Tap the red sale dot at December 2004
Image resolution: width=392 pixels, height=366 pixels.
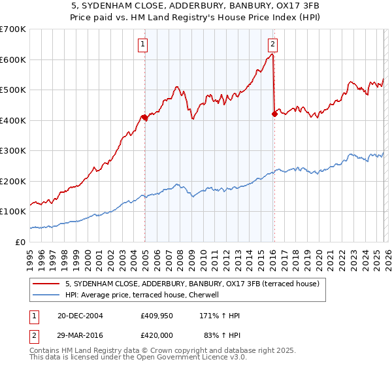tap(144, 118)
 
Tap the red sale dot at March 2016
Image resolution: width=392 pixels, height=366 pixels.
tap(274, 114)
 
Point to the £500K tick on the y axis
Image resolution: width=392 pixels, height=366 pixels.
tap(13, 90)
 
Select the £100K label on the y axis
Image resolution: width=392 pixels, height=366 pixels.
tap(13, 212)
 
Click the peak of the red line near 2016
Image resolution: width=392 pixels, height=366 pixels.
tap(272, 55)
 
